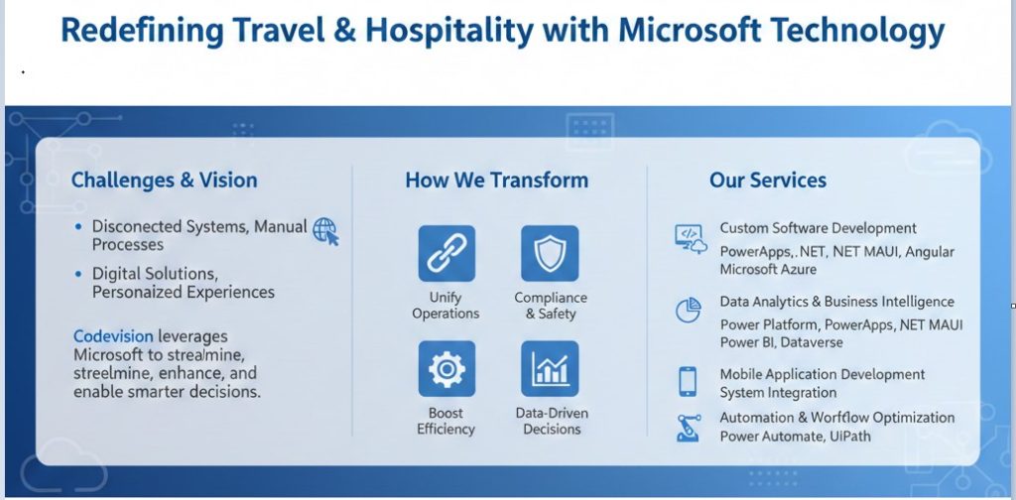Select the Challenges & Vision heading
tap(164, 181)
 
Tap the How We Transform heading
tap(496, 181)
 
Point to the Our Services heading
tap(768, 181)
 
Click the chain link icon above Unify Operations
tap(446, 253)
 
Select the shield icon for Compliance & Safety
tap(550, 253)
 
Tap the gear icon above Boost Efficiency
tap(446, 368)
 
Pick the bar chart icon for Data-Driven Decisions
tap(550, 368)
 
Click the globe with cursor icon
tap(325, 232)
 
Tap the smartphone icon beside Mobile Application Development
tap(688, 382)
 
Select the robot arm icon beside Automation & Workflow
tap(688, 427)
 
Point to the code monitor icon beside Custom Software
tap(689, 238)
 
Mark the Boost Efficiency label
tap(445, 422)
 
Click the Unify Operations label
tap(445, 306)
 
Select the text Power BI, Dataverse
tap(782, 342)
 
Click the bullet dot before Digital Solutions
tap(79, 273)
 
